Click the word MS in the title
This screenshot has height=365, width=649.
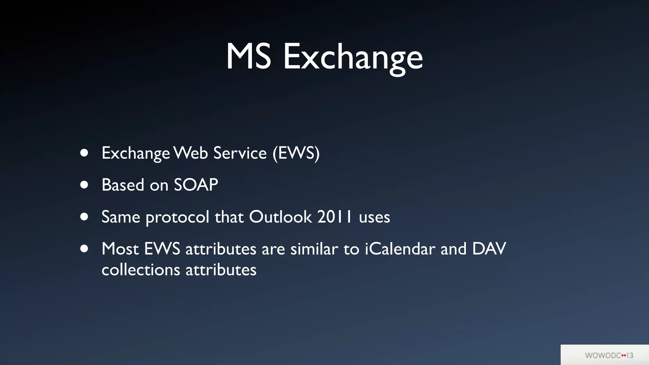tap(248, 57)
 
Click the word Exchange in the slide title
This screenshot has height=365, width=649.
tap(353, 58)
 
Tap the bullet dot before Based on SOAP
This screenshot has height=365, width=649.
tap(84, 185)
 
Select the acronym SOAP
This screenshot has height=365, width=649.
tap(196, 185)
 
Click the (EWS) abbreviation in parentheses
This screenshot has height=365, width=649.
tap(296, 153)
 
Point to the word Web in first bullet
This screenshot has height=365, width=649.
tap(191, 153)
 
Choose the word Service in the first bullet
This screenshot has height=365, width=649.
tap(240, 153)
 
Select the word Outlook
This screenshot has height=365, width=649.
tap(280, 217)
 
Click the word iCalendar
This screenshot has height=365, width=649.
tap(400, 249)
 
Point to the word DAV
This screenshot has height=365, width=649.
tap(489, 249)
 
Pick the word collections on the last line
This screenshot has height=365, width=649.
tap(141, 270)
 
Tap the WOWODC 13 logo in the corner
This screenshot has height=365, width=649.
tap(609, 355)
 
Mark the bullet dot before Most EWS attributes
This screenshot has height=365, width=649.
tap(84, 249)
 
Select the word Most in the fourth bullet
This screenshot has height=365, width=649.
tap(120, 249)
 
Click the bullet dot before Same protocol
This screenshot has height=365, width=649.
tap(84, 217)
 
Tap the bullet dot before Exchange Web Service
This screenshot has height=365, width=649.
tap(84, 153)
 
